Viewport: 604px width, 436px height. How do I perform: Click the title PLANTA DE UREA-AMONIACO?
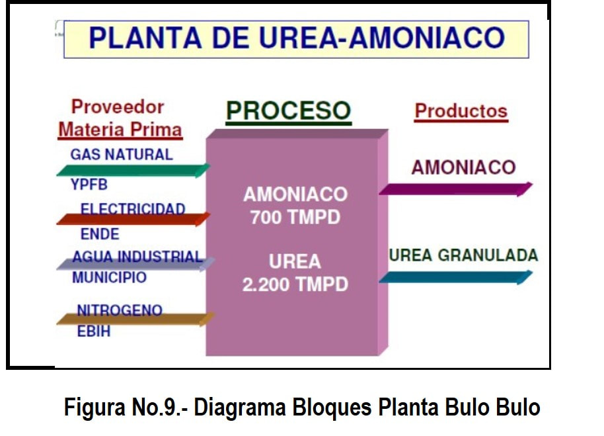click(x=297, y=38)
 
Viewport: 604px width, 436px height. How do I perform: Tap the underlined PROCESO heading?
click(x=289, y=112)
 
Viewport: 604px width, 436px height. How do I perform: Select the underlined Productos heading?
click(x=461, y=112)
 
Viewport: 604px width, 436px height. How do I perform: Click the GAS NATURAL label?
click(x=122, y=155)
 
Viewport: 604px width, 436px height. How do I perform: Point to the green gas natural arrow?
click(x=133, y=170)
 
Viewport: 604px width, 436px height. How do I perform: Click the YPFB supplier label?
click(x=89, y=185)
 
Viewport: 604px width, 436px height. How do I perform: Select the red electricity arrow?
click(x=133, y=219)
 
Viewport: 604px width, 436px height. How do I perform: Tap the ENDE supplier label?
click(x=100, y=234)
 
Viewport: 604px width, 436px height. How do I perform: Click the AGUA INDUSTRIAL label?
click(x=137, y=256)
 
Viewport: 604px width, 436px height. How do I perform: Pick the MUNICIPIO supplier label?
click(x=110, y=278)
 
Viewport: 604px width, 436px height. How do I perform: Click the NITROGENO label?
click(x=120, y=310)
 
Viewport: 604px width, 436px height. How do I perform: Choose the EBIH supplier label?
click(x=94, y=331)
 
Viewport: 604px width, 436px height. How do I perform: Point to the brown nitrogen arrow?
click(x=135, y=319)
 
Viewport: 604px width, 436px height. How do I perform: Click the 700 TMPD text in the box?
click(x=295, y=218)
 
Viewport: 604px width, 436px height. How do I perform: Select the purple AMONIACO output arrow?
click(x=456, y=189)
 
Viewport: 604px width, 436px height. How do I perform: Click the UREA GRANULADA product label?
click(x=463, y=255)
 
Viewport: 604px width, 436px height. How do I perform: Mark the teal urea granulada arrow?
click(x=456, y=277)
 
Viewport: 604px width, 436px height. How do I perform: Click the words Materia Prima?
click(x=120, y=130)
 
